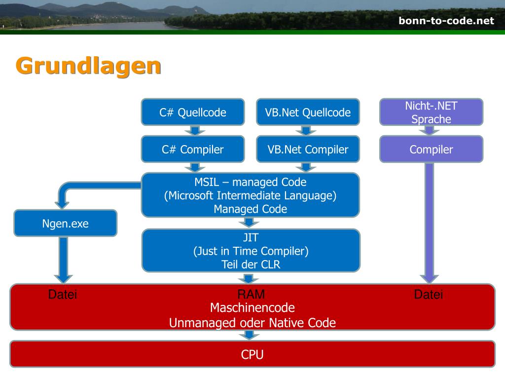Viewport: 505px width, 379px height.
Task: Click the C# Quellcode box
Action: [193, 112]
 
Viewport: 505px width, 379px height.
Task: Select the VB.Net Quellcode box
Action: [308, 112]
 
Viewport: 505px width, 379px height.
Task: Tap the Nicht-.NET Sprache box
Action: [431, 112]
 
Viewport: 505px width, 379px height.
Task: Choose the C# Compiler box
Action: [193, 149]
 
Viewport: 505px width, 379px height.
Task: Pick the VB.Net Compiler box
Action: [308, 149]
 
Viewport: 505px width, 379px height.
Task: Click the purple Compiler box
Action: [431, 149]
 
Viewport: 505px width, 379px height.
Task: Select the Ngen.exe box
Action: [66, 224]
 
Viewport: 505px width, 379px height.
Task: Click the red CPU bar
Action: [252, 354]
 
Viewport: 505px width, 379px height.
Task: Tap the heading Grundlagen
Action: [88, 67]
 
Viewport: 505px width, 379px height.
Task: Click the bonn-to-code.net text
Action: [446, 21]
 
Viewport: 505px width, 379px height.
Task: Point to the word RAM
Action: [251, 294]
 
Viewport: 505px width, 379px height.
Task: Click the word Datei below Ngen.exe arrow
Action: [63, 294]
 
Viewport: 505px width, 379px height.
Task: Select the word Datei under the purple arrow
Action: [429, 294]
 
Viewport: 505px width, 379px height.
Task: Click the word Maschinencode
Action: [252, 308]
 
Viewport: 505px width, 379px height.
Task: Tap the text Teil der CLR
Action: [251, 265]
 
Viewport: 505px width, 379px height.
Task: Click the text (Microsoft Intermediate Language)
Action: [250, 195]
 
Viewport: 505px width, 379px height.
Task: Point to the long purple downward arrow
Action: [430, 223]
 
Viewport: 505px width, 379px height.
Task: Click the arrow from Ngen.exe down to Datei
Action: [64, 260]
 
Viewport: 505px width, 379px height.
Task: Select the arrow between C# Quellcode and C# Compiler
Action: [195, 130]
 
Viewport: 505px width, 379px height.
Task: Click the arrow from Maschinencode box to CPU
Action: [249, 335]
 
